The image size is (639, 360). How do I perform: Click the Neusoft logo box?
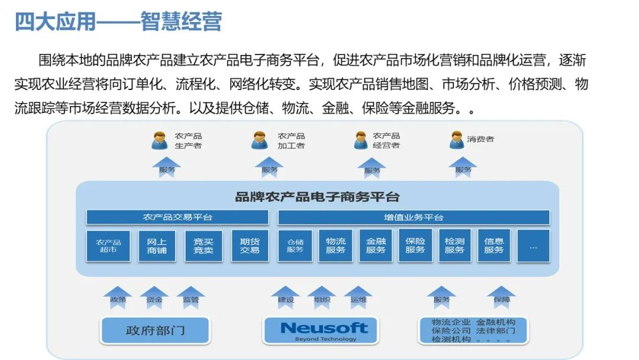tap(324, 330)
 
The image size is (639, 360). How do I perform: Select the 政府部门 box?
tap(155, 330)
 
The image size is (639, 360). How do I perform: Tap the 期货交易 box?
tap(250, 246)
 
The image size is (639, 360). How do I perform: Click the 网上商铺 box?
tap(157, 246)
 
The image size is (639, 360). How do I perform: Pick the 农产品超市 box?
tap(108, 246)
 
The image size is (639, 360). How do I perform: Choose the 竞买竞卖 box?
tap(204, 246)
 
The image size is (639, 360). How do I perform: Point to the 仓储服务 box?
tap(295, 246)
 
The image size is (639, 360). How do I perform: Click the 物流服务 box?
tap(335, 246)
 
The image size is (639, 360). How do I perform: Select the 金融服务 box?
tap(376, 246)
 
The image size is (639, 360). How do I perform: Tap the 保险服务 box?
tap(415, 246)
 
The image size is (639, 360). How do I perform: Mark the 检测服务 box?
tap(454, 246)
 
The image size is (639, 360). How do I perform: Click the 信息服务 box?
tap(493, 246)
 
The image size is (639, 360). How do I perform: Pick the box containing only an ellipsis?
tap(533, 246)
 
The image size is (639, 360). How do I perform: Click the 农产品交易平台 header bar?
tap(177, 217)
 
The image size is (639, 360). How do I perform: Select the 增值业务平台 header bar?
tap(414, 217)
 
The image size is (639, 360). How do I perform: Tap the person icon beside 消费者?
tap(456, 140)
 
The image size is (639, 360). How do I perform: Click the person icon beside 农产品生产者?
tap(160, 140)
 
